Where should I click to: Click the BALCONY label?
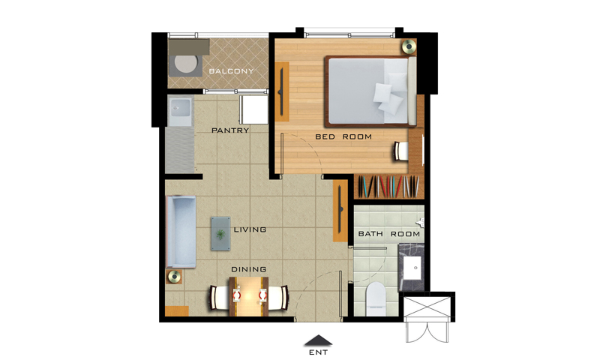[x=231, y=70]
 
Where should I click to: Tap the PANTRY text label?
[x=230, y=130]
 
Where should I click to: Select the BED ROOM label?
[x=343, y=136]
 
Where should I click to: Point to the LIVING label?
[x=250, y=229]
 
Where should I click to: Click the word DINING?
[x=249, y=269]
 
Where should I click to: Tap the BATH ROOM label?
[x=388, y=234]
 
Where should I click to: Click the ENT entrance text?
[x=318, y=352]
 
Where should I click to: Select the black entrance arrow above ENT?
[x=318, y=340]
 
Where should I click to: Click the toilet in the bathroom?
[x=376, y=299]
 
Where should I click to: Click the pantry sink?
[x=179, y=108]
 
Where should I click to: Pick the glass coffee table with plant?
[x=220, y=233]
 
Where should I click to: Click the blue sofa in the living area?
[x=181, y=232]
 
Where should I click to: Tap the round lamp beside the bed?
[x=409, y=46]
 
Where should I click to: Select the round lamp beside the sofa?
[x=174, y=276]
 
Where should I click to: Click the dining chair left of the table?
[x=219, y=298]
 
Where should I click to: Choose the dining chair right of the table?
[x=278, y=298]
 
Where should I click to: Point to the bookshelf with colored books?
[x=389, y=187]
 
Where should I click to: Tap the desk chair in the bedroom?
[x=402, y=151]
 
